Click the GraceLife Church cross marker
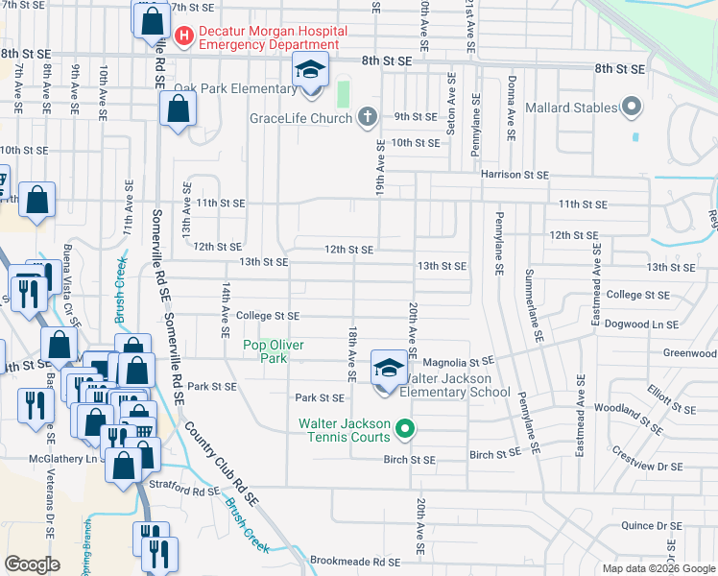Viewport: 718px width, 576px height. point(365,118)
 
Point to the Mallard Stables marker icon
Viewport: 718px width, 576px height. point(631,108)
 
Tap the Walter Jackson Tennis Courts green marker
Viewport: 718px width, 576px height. point(405,429)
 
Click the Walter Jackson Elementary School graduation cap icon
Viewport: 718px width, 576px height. point(387,369)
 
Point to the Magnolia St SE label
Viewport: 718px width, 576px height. point(457,362)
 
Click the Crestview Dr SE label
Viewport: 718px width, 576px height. point(649,467)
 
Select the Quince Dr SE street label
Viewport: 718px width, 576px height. point(651,525)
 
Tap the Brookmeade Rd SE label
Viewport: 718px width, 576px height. point(353,562)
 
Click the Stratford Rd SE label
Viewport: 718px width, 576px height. point(193,492)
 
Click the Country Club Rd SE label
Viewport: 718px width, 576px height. point(221,465)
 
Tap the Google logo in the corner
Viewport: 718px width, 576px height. point(33,564)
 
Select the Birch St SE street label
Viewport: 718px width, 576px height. point(410,460)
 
